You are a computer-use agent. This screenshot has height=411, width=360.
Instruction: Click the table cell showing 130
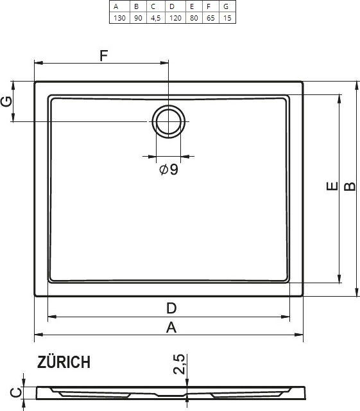tap(119, 18)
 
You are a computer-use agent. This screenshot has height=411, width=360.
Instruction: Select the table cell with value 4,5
tap(155, 18)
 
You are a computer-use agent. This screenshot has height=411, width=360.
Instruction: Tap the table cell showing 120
tap(175, 18)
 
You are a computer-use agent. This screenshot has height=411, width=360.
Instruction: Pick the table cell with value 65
tap(210, 18)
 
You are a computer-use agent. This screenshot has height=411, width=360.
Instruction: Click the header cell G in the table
tap(227, 6)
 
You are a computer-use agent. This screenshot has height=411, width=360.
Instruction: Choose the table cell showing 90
tap(138, 18)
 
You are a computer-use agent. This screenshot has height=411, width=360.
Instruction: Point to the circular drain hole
tap(169, 122)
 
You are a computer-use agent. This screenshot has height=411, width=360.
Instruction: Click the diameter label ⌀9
tap(169, 170)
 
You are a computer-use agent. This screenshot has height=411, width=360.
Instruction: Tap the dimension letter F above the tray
tap(104, 55)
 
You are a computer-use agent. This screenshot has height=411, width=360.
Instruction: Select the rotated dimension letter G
tap(6, 101)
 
